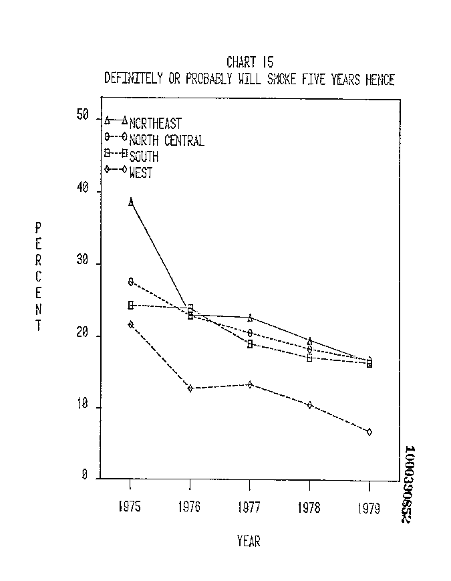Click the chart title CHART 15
pos(249,63)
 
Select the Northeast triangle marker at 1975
pos(130,201)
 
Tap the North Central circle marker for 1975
pos(131,281)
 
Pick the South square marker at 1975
pos(131,305)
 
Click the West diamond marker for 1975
pos(130,324)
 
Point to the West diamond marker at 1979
pos(369,432)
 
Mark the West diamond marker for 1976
pos(190,388)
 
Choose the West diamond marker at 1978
pos(309,405)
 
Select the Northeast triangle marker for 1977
pos(250,318)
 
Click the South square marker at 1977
pos(250,344)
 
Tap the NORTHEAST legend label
pos(155,124)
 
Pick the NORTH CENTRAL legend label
pos(166,140)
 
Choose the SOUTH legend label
pos(144,157)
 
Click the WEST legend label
pos(141,173)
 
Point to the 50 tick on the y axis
pos(83,116)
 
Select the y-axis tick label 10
pos(83,408)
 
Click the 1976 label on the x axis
pos(190,507)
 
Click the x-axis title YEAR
pos(249,541)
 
